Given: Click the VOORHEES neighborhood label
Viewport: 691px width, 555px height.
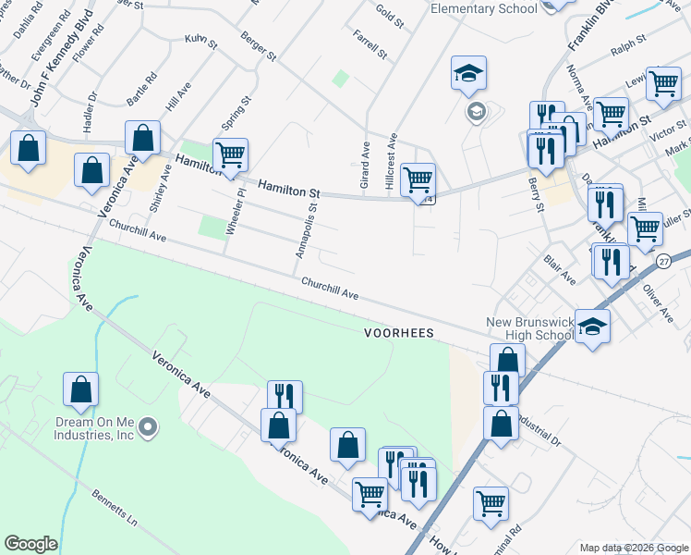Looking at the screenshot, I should tap(399, 331).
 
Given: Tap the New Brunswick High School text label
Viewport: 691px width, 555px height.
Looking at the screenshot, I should tap(530, 329).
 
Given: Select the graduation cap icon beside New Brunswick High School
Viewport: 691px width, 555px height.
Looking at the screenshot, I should tap(592, 326).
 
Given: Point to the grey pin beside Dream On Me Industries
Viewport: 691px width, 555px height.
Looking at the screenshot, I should tap(151, 426).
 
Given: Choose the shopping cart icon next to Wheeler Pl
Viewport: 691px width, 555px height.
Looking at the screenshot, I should tap(229, 154).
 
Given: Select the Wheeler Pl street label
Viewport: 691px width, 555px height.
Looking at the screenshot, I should tap(239, 211).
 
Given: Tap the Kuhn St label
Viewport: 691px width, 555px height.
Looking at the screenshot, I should tap(200, 43).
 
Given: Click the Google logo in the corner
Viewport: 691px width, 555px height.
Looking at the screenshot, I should tap(30, 544).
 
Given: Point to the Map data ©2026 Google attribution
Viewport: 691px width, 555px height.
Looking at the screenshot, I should tap(633, 547).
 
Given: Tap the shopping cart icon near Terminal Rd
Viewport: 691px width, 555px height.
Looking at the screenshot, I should tap(491, 503).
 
